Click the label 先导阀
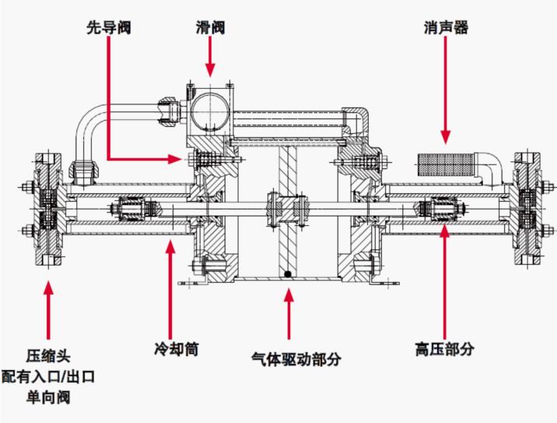click(x=109, y=28)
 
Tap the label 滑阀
click(x=210, y=28)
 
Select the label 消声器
click(x=446, y=28)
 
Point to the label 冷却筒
click(x=176, y=349)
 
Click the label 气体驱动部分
click(x=296, y=358)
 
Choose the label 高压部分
click(x=444, y=349)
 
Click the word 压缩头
click(x=48, y=356)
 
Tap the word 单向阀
click(x=48, y=397)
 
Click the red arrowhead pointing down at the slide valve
click(x=210, y=70)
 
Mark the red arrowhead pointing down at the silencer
click(x=446, y=137)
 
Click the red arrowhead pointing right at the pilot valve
click(x=175, y=159)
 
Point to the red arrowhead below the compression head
click(x=48, y=288)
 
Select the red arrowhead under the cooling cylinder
click(x=171, y=247)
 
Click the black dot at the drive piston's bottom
click(x=288, y=274)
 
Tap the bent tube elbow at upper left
click(x=87, y=121)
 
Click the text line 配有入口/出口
click(x=48, y=376)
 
